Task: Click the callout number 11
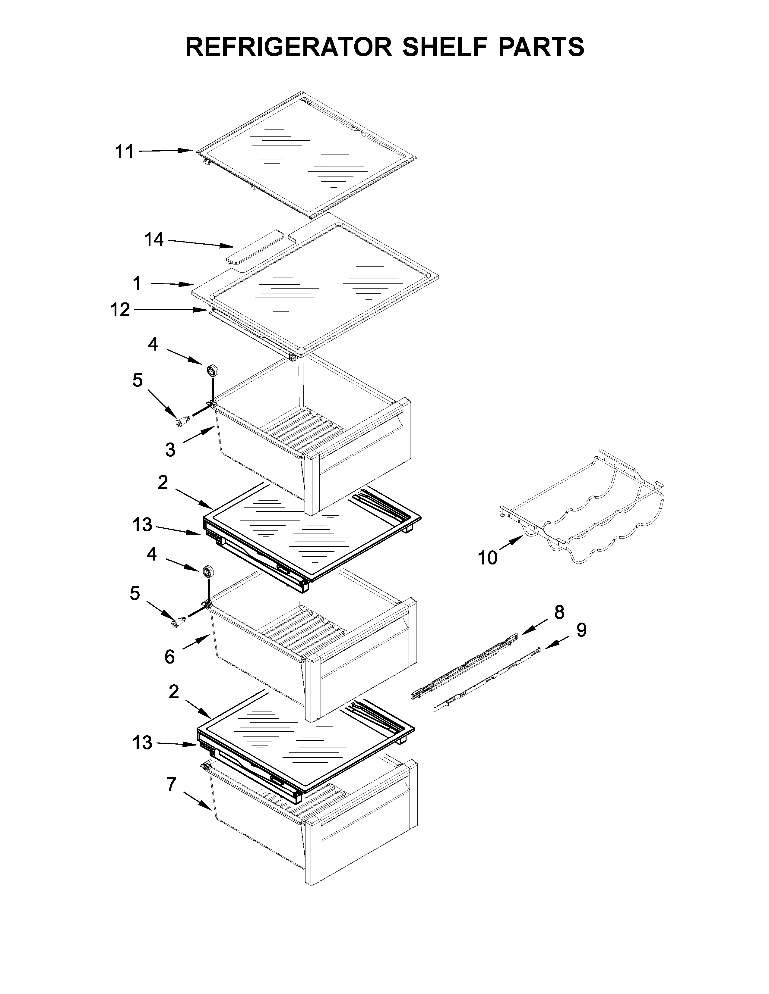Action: pos(124,152)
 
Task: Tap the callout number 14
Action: pos(154,239)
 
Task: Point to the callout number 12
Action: pos(120,310)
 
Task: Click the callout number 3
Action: pos(170,450)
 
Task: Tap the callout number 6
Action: pos(169,657)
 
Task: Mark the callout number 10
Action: pos(487,558)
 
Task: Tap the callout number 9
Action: pos(581,630)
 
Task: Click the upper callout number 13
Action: pos(142,525)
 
